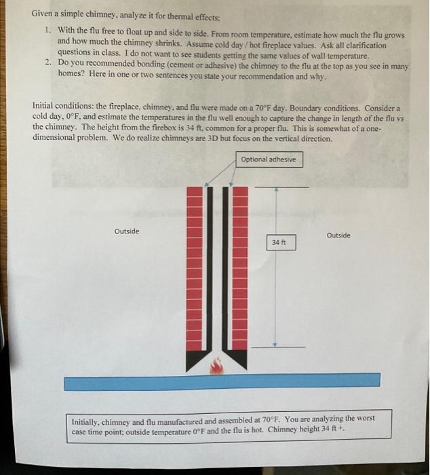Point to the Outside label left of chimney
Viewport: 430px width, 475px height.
tap(127, 231)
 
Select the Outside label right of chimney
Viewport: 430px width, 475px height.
tap(338, 235)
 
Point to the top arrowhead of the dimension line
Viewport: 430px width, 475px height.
tap(275, 189)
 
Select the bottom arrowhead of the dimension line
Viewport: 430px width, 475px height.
tap(275, 345)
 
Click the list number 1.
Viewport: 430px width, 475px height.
tap(47, 31)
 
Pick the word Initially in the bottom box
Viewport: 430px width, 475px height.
tap(87, 421)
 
